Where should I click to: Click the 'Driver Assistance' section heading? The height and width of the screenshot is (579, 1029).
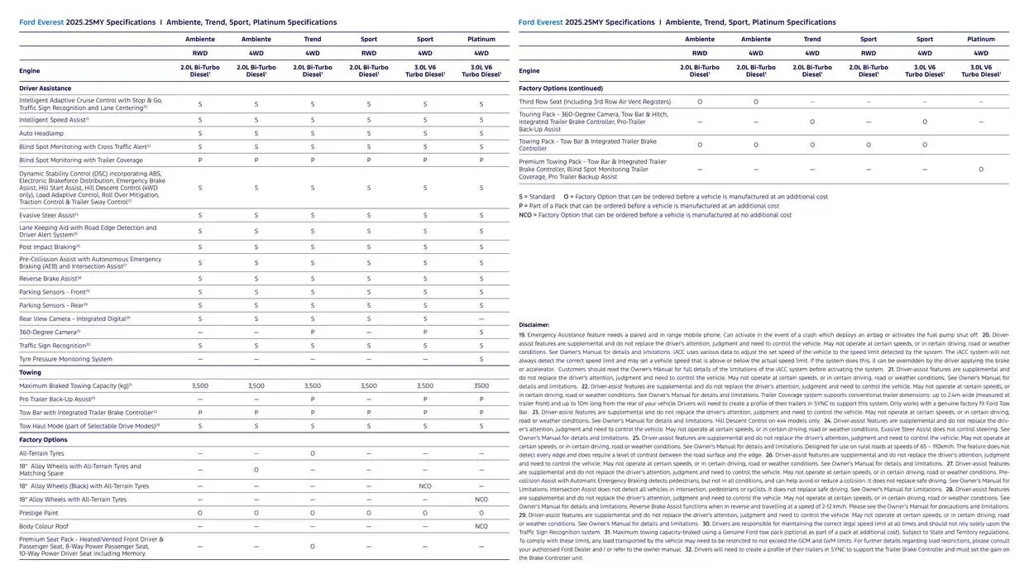[x=45, y=88]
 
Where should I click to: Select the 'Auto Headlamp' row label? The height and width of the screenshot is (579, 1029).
[x=41, y=133]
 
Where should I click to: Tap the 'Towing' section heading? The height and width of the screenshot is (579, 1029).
[x=31, y=372]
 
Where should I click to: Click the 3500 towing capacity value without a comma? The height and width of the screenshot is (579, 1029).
[x=481, y=386]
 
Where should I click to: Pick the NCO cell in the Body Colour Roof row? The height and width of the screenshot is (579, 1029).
[x=481, y=526]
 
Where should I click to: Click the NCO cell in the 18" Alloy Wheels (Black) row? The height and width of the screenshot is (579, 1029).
[x=424, y=486]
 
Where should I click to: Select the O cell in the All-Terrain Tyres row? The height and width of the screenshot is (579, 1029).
[x=312, y=453]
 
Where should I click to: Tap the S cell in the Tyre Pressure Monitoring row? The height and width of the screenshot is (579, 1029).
[x=481, y=359]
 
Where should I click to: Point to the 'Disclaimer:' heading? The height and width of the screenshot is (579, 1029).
[x=534, y=325]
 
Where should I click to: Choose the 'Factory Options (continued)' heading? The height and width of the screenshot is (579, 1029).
[x=561, y=88]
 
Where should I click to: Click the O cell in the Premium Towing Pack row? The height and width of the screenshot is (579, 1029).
[x=980, y=170]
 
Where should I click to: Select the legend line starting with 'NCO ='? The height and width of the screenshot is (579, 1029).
[x=655, y=215]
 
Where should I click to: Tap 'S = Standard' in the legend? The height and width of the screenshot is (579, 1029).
[x=537, y=197]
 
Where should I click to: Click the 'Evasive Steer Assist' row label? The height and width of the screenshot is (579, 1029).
[x=49, y=215]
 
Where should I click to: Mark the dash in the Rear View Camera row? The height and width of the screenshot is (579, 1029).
[x=481, y=318]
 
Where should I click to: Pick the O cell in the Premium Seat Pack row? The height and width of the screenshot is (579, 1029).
[x=312, y=547]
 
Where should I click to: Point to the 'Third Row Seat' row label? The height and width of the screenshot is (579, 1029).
[x=595, y=102]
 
